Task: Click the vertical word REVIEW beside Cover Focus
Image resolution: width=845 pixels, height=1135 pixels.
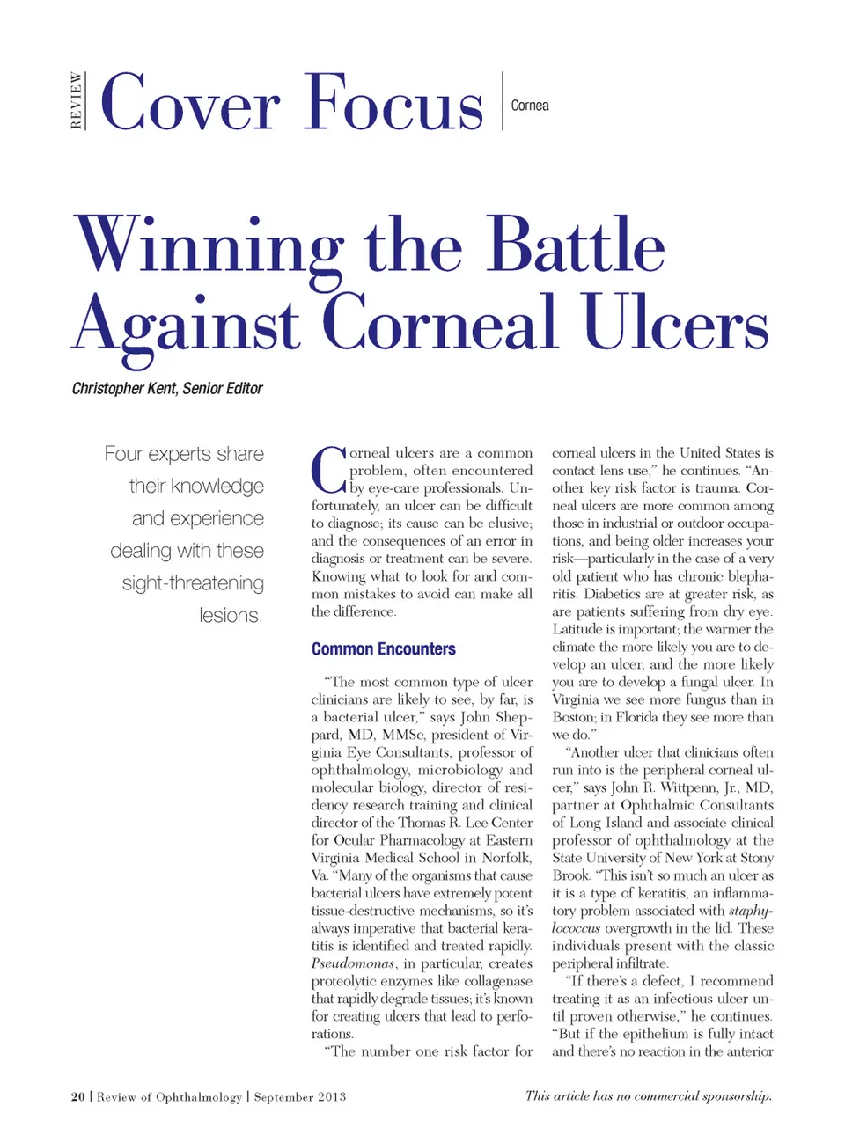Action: coord(77,101)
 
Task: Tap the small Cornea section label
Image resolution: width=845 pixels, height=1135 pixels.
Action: coord(530,106)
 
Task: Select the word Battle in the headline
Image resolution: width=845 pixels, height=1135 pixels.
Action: coord(576,246)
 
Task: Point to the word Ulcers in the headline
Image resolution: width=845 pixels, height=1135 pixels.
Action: coord(675,324)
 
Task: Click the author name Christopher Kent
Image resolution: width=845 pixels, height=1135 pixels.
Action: coord(124,388)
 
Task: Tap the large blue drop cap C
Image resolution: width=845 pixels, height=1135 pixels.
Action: coord(328,470)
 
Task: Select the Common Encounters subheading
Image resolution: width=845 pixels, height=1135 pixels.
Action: coord(383,649)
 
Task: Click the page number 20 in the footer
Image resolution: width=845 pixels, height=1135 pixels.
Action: coord(78,1096)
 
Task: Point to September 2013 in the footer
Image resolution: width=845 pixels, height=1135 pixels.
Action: coord(299,1096)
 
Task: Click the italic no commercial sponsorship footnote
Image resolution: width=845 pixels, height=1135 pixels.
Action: coord(648,1095)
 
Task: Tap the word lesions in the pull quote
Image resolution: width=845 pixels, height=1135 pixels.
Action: coord(231,615)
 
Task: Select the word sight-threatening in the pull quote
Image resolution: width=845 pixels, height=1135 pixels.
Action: coord(193,583)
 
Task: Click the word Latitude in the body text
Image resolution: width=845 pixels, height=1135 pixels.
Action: coord(577,629)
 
